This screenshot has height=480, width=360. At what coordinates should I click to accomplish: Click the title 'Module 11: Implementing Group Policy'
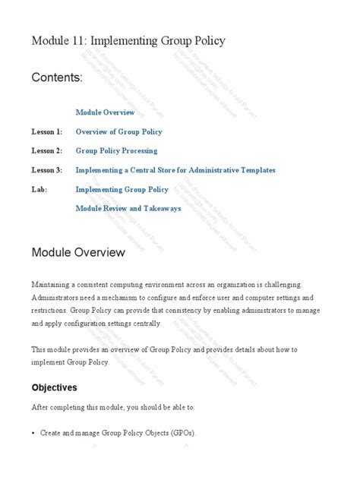[x=128, y=41]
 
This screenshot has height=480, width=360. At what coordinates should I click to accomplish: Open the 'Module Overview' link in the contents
[x=105, y=112]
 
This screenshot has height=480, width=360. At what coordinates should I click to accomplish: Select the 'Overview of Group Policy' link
[x=118, y=131]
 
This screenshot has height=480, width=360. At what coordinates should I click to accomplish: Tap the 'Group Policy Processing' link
[x=116, y=150]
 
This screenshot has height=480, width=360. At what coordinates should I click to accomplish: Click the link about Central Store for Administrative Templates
[x=175, y=169]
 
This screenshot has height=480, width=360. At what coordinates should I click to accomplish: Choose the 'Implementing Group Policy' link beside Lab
[x=122, y=189]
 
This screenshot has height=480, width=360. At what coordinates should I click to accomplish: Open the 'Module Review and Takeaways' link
[x=128, y=207]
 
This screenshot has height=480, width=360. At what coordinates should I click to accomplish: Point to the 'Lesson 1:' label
[x=46, y=131]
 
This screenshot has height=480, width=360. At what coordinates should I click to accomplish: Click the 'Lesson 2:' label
[x=46, y=150]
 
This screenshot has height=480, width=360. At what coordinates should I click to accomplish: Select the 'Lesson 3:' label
[x=46, y=169]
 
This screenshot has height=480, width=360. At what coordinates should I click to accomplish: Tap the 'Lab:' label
[x=39, y=189]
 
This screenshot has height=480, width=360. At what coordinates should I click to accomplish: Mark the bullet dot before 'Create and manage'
[x=33, y=434]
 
